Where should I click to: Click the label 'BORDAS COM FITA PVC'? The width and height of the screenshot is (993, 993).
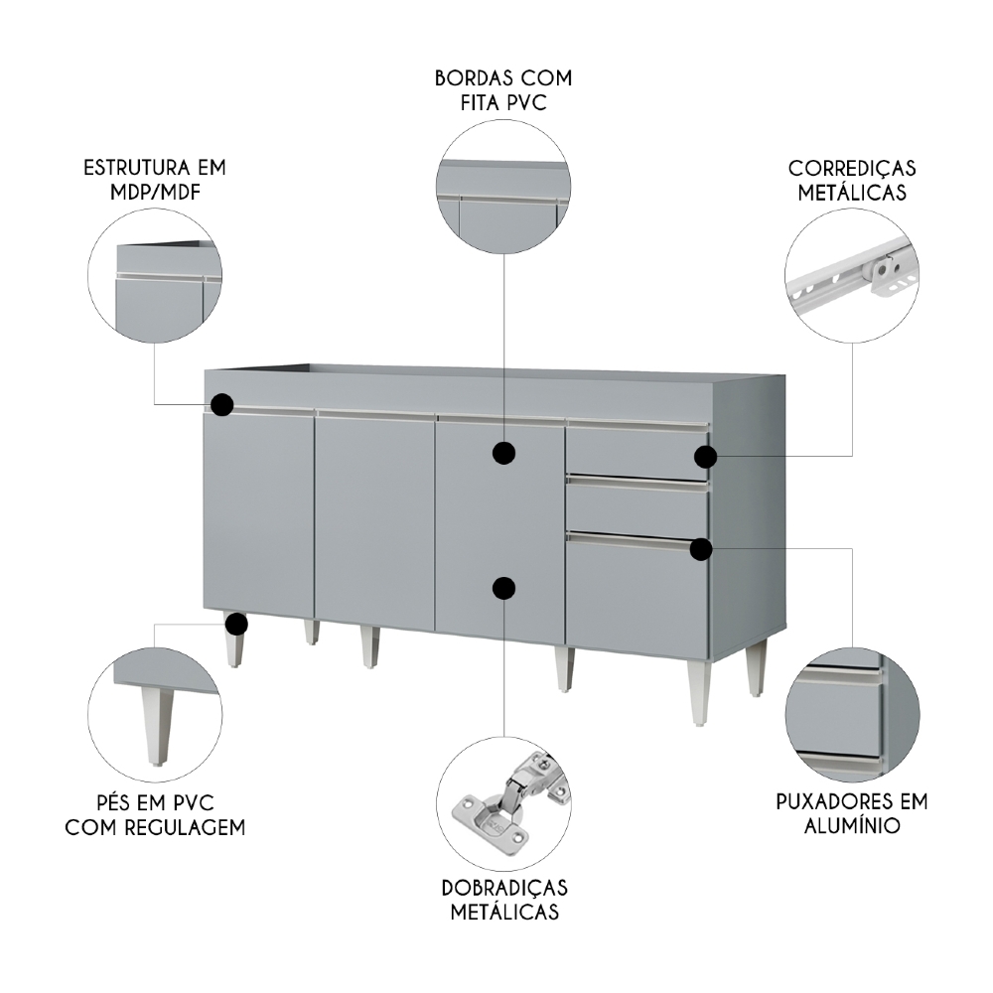point(503,89)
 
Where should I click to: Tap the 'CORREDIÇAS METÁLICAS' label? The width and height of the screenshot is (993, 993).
point(851,180)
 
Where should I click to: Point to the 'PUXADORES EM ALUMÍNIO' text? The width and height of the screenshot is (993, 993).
point(851,813)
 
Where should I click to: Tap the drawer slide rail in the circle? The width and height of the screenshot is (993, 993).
point(850,273)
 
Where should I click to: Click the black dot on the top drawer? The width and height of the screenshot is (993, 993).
point(705,457)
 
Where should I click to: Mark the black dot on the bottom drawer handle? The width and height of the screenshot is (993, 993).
point(702,548)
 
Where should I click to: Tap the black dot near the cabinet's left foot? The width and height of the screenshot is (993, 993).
point(235,624)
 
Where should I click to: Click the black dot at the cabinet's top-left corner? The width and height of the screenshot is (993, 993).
point(221,404)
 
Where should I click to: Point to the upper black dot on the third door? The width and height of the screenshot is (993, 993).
point(504,454)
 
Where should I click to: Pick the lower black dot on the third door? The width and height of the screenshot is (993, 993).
point(504,588)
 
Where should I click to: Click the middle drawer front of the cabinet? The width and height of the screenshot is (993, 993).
point(638,508)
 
